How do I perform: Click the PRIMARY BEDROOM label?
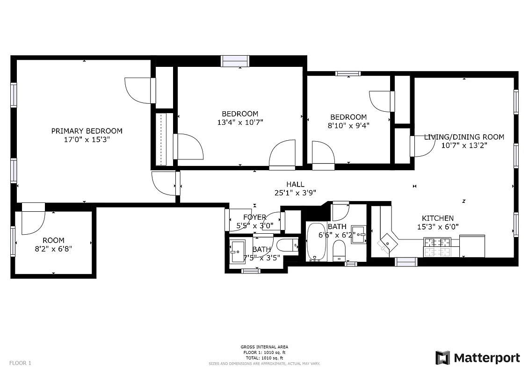point(87,131)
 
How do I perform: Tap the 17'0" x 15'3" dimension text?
point(87,139)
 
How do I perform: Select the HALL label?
point(296,184)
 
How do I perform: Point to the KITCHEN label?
point(437,218)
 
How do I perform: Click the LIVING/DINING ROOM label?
point(464,137)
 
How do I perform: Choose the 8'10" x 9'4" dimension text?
point(348,125)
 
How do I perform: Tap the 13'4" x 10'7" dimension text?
point(240,122)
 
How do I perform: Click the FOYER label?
point(255,217)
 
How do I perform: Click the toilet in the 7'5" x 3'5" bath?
point(287,245)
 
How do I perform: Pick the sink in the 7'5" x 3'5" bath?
point(238,251)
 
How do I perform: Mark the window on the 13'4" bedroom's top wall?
point(235,61)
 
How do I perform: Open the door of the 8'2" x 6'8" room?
point(33,217)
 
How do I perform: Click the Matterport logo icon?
point(442,358)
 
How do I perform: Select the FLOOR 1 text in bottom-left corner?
point(20,363)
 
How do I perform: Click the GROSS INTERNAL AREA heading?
point(264,347)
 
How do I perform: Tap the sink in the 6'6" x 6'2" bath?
point(359,234)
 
